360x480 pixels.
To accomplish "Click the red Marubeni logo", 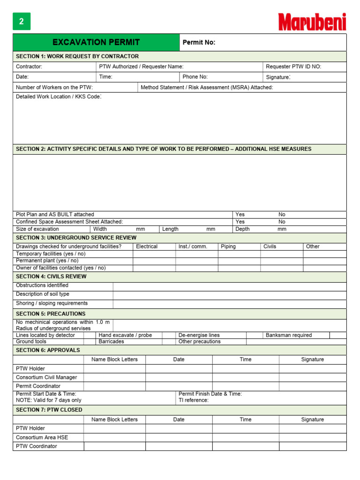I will coord(312,22).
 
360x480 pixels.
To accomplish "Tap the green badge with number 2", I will coord(21,22).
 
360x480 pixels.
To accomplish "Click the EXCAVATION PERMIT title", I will coord(96,42).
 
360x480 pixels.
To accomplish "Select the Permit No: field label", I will coord(199,43).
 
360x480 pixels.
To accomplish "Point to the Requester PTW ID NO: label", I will coord(293,67).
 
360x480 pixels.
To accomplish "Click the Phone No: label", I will coord(195,77).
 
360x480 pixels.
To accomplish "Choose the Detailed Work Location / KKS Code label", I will coord(59,97).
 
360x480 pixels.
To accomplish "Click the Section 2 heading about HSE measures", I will coord(164,149).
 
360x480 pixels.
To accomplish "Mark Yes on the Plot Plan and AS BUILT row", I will coord(240,214).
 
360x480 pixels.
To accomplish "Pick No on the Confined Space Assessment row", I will coord(282,222).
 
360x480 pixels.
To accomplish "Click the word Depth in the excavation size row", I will coord(242,229).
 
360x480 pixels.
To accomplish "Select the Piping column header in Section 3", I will coord(228,247).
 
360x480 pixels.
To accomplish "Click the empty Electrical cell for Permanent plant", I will coord(154,261).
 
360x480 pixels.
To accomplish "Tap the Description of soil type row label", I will coord(43,294).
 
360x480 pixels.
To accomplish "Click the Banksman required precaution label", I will coord(289,335).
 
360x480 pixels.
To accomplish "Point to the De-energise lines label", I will coord(199,335).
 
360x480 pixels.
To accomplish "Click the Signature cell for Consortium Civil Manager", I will coord(313,377).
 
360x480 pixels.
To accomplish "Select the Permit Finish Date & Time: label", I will coord(210,394).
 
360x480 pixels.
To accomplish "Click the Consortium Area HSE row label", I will coord(42,437).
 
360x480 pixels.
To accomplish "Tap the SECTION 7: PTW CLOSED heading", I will coord(49,410).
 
